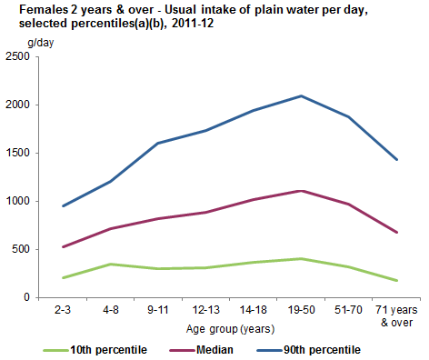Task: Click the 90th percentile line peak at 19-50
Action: point(301,95)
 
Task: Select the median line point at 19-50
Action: point(301,191)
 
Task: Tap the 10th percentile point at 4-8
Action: point(111,264)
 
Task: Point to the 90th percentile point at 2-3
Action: point(63,205)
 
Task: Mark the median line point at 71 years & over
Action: point(396,232)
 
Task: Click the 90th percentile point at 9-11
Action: point(158,143)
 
